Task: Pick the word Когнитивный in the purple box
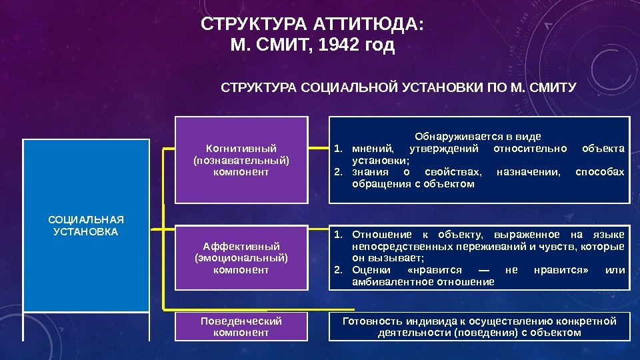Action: [241, 148]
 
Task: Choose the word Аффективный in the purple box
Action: [241, 246]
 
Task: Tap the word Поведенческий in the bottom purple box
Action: [241, 321]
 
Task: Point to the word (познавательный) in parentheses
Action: [241, 160]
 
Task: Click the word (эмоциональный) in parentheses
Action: [241, 258]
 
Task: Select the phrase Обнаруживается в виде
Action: [478, 136]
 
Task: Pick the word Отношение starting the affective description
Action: [378, 234]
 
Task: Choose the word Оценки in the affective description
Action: [369, 270]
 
